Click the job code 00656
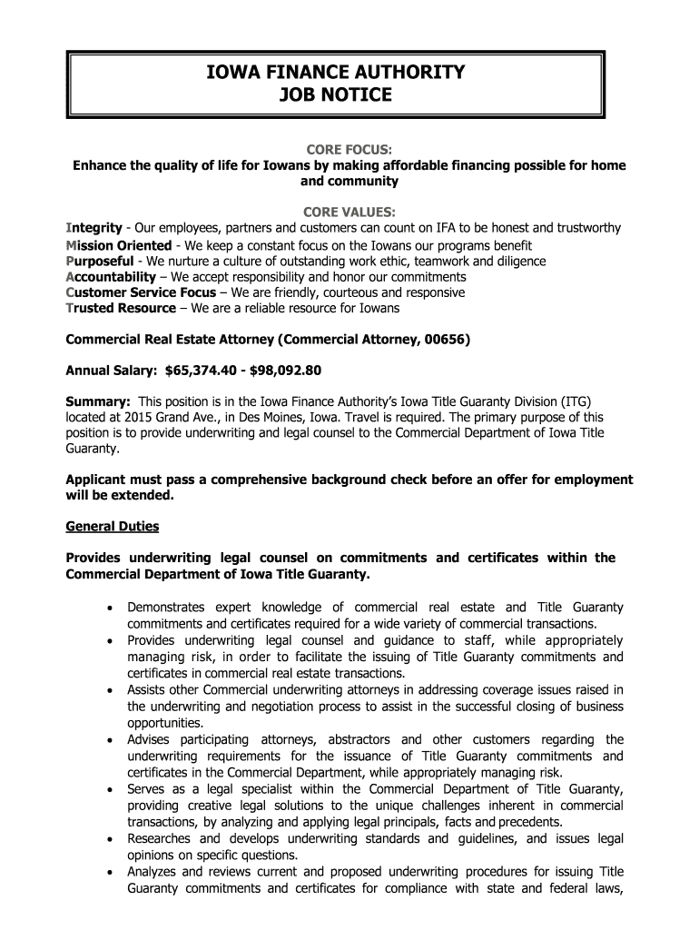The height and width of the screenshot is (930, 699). click(445, 341)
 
